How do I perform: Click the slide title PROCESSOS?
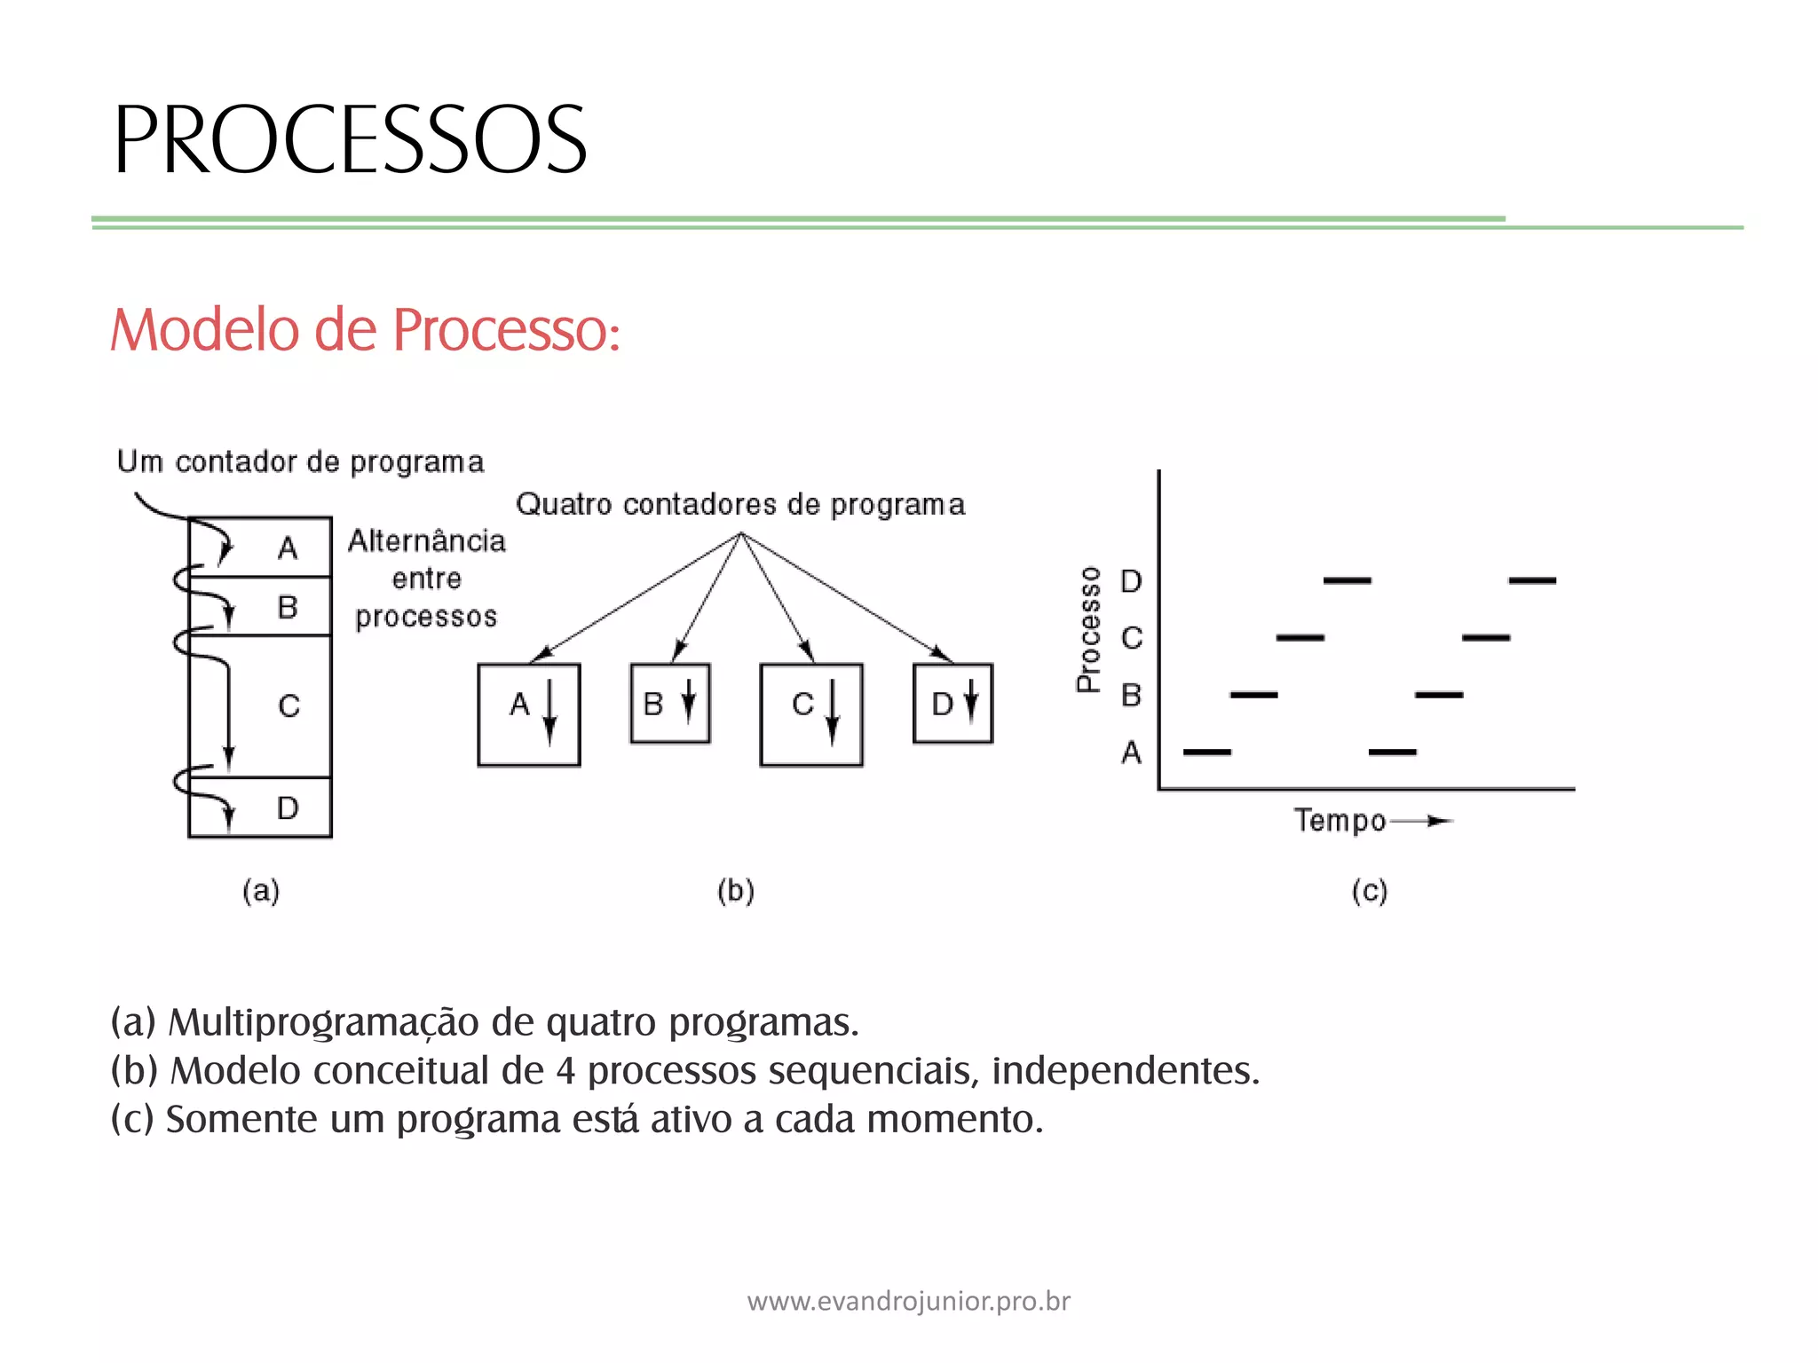pyautogui.click(x=350, y=140)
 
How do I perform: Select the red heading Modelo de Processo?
pyautogui.click(x=365, y=330)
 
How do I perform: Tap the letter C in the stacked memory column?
pyautogui.click(x=289, y=706)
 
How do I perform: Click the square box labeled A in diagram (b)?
pyautogui.click(x=529, y=714)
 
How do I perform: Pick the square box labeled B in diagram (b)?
pyautogui.click(x=670, y=704)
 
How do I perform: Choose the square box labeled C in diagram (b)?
pyautogui.click(x=811, y=714)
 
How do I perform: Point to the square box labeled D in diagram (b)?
pyautogui.click(x=953, y=704)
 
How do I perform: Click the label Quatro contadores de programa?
pyautogui.click(x=740, y=505)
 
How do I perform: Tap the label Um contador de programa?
pyautogui.click(x=301, y=462)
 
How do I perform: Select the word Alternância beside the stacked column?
pyautogui.click(x=427, y=541)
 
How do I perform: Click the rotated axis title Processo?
pyautogui.click(x=1088, y=629)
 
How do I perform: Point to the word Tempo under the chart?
pyautogui.click(x=1340, y=821)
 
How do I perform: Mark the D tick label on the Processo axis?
pyautogui.click(x=1131, y=581)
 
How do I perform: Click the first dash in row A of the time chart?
pyautogui.click(x=1207, y=752)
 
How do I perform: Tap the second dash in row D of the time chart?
pyautogui.click(x=1532, y=580)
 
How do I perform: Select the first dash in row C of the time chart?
pyautogui.click(x=1300, y=638)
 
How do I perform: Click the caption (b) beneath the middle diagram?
pyautogui.click(x=736, y=890)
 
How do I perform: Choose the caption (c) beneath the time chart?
pyautogui.click(x=1369, y=890)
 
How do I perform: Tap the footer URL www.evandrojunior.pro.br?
pyautogui.click(x=909, y=1302)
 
